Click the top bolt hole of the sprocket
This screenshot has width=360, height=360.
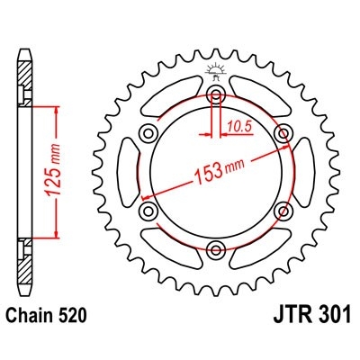coord(216,97)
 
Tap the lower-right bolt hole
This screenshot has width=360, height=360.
coord(285,211)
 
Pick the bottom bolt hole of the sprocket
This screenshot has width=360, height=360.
coord(216,249)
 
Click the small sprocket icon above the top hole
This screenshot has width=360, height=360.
coord(216,69)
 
